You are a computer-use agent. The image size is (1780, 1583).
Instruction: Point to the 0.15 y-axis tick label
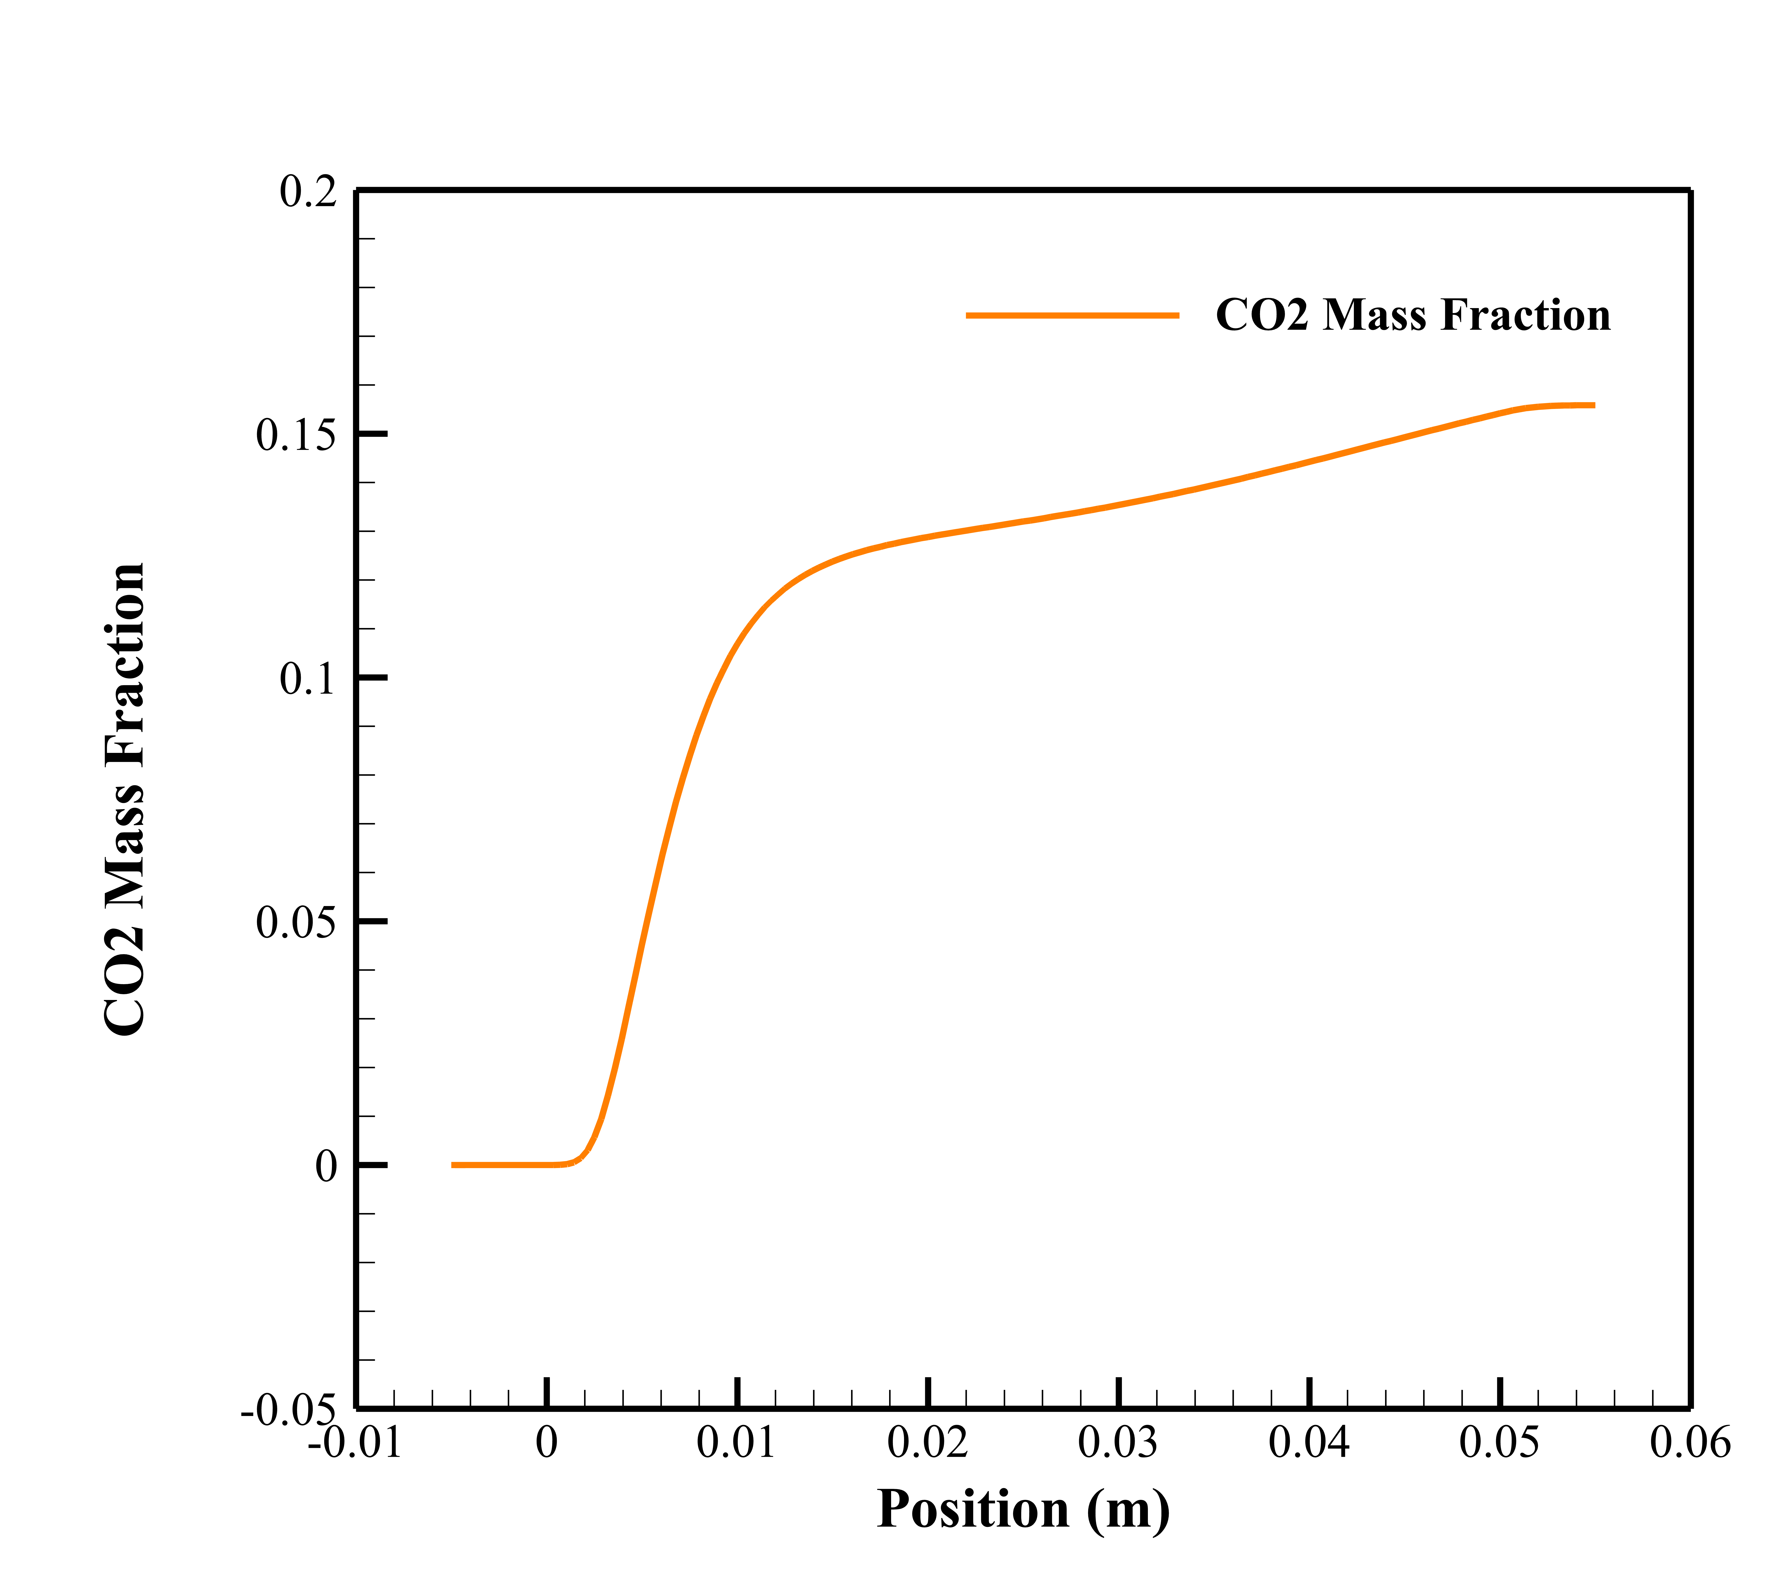296,436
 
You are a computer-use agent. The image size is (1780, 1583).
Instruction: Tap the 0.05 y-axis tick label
296,923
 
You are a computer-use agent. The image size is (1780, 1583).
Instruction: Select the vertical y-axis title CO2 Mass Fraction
125,800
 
